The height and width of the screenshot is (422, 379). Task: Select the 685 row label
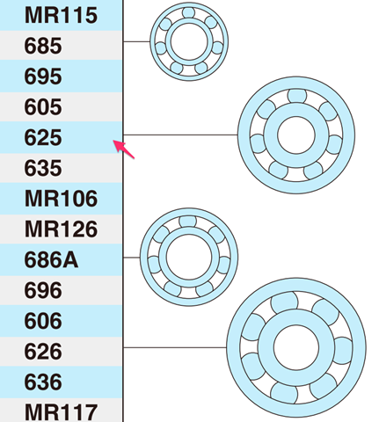click(44, 45)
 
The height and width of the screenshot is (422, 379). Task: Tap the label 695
click(44, 76)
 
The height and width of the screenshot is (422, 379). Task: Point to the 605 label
click(44, 107)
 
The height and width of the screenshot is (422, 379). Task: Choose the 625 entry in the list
click(44, 138)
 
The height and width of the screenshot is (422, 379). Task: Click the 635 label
click(44, 168)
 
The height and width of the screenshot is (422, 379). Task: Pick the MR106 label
click(61, 199)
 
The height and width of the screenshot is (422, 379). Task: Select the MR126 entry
click(61, 229)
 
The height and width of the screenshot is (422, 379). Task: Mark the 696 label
click(44, 290)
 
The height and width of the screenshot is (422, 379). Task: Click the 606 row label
click(44, 321)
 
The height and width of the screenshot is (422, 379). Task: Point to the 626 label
click(44, 352)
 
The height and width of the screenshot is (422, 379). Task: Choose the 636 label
click(44, 382)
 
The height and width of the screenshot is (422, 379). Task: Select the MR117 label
click(61, 411)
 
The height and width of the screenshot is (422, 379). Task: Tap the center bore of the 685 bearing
click(189, 40)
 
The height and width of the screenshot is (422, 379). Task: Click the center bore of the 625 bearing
click(295, 135)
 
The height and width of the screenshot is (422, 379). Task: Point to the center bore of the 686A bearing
click(188, 256)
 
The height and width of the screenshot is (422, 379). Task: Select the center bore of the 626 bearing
click(295, 348)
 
